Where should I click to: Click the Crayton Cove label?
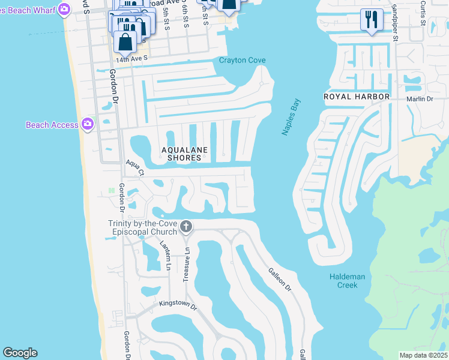pyautogui.click(x=242, y=61)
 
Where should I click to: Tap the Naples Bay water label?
pyautogui.click(x=291, y=117)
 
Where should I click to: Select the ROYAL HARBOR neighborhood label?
pyautogui.click(x=357, y=97)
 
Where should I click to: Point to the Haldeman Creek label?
pyautogui.click(x=343, y=280)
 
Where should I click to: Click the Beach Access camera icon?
pyautogui.click(x=88, y=124)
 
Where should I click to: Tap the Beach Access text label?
pyautogui.click(x=52, y=125)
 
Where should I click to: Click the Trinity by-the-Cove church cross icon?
pyautogui.click(x=186, y=227)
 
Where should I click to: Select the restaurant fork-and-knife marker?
pyautogui.click(x=372, y=19)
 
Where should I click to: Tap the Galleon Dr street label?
pyautogui.click(x=279, y=280)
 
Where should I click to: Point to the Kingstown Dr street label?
pyautogui.click(x=178, y=305)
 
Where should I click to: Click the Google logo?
pyautogui.click(x=20, y=353)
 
